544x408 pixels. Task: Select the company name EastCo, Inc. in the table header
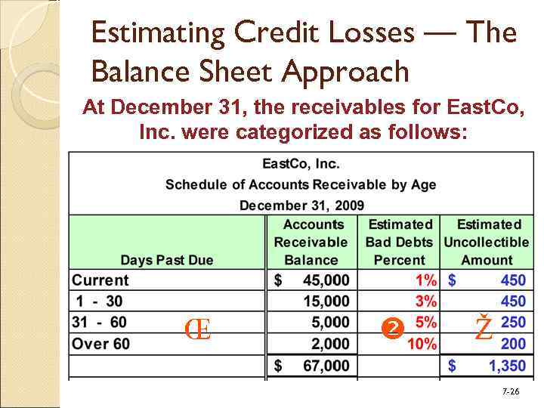click(301, 163)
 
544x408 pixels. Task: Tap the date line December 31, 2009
click(301, 205)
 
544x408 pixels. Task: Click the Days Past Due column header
click(167, 260)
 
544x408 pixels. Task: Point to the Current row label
click(100, 280)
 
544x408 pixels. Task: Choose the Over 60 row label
click(101, 344)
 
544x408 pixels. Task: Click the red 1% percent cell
click(425, 280)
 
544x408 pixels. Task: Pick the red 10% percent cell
click(422, 344)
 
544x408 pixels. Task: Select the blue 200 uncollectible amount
click(513, 344)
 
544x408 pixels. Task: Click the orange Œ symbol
click(197, 329)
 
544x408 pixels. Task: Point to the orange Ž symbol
click(484, 328)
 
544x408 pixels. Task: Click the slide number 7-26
click(511, 391)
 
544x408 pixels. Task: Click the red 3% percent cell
click(425, 301)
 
